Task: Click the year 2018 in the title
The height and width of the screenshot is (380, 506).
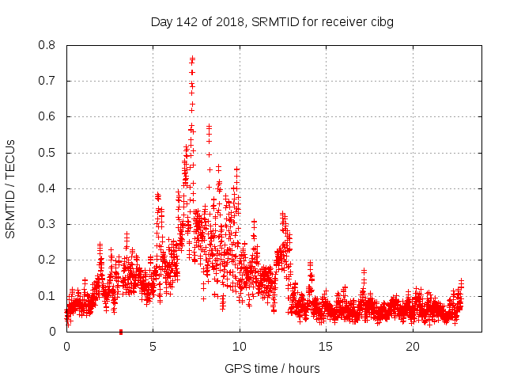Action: coord(230,22)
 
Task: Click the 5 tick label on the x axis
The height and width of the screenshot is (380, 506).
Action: coord(153,347)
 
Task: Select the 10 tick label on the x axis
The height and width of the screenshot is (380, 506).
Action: coord(240,347)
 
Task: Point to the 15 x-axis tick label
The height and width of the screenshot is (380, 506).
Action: coord(327,347)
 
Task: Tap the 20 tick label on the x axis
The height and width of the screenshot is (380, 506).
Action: coord(413,347)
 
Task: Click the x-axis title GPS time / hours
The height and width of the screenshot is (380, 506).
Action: coord(272,368)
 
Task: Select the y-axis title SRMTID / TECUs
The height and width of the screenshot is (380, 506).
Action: coord(11,188)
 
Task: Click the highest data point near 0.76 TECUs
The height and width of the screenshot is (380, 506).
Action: coord(192,59)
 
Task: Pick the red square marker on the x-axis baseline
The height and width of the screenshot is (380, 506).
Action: coord(120,332)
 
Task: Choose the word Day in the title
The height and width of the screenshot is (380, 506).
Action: coord(162,22)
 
